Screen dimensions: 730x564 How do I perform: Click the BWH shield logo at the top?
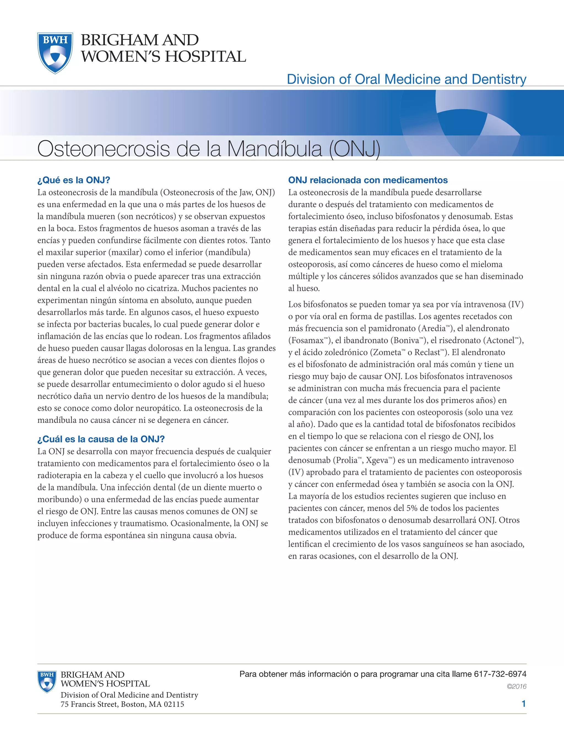point(55,53)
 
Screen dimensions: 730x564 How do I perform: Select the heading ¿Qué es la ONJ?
point(74,180)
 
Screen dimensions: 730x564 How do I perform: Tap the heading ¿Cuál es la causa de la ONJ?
point(101,439)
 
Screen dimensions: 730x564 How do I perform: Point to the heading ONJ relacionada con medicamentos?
point(368,180)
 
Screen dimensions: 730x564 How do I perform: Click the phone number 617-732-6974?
point(500,674)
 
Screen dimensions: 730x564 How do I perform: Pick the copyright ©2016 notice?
point(517,686)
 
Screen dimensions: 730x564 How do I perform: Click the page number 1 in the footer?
point(524,704)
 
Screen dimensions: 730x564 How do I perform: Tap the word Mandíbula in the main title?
point(275,149)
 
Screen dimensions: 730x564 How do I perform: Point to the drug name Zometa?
point(387,353)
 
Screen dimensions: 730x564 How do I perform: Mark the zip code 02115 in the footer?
point(174,705)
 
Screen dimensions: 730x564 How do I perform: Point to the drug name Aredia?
point(433,329)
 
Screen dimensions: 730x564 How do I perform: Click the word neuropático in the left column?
point(157,408)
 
